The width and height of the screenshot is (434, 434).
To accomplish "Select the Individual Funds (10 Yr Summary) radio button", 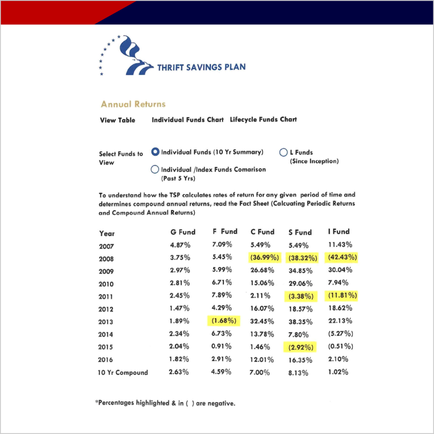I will (x=155, y=152).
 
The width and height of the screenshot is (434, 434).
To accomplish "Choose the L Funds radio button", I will (x=284, y=152).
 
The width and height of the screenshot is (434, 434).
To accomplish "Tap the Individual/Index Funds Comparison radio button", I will (x=155, y=170).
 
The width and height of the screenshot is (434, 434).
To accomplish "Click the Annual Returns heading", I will (x=133, y=104).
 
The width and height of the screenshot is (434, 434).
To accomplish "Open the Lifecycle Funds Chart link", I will (x=263, y=120).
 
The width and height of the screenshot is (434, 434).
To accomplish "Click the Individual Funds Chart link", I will (x=187, y=120).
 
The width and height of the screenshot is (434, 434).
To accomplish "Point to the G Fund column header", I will (x=182, y=232).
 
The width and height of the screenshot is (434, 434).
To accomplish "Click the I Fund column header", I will (x=339, y=231).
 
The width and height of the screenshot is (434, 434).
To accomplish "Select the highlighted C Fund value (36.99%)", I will (x=264, y=258).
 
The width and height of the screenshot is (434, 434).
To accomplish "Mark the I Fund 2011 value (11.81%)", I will (x=342, y=295).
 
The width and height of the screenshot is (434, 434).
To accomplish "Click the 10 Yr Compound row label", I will (x=123, y=373).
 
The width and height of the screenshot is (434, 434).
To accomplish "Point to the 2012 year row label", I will (x=106, y=309).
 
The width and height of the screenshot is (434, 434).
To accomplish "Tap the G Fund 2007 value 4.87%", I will (x=180, y=245).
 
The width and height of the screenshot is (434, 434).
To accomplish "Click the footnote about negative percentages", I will (x=165, y=403).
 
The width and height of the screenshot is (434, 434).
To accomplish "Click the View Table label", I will (x=117, y=120).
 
